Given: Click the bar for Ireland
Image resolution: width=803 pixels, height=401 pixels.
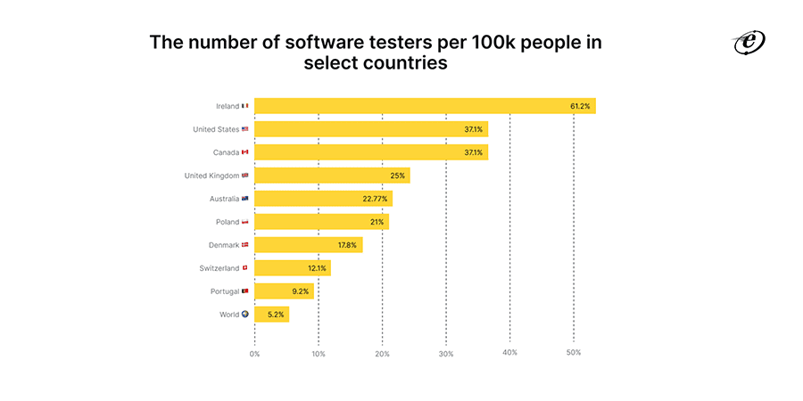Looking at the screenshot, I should click(425, 106).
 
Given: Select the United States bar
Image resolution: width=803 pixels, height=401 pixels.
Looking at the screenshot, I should click(371, 129).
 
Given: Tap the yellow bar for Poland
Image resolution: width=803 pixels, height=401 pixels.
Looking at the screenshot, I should click(321, 222).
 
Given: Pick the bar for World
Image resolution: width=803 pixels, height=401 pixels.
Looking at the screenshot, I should click(271, 315).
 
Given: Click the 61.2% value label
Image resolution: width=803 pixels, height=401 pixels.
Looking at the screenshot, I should click(580, 106).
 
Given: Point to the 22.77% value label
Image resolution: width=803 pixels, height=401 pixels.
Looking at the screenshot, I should click(375, 199).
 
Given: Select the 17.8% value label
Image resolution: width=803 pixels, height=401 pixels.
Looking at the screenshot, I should click(346, 245).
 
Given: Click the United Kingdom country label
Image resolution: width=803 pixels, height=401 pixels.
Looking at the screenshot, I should click(211, 176).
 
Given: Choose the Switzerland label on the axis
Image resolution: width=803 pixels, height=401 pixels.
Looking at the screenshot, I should click(219, 268).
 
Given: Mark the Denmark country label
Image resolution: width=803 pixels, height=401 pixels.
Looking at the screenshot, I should click(222, 245).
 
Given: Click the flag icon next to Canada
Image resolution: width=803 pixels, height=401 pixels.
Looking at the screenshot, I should click(245, 152).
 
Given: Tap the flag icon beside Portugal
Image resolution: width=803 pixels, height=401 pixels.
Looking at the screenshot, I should click(245, 291).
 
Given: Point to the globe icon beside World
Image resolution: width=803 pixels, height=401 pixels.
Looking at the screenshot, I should click(245, 315).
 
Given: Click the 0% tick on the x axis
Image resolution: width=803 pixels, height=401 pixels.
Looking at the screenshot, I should click(254, 354).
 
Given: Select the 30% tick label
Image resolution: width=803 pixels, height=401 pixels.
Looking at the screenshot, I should click(446, 354).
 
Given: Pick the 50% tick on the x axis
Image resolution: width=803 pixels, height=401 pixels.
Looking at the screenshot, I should click(574, 354).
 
